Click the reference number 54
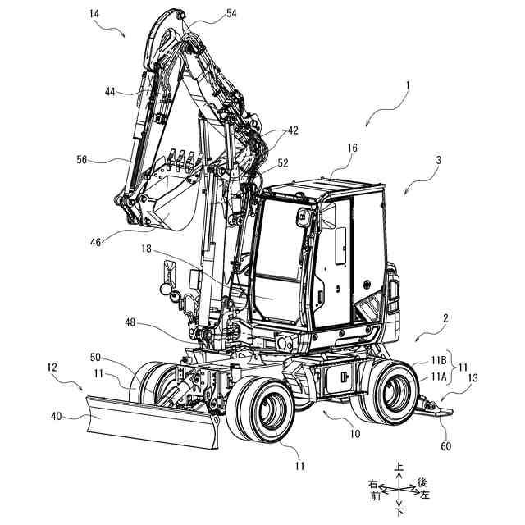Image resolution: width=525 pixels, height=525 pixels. pos(231,13)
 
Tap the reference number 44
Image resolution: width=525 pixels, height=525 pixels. pos(110,92)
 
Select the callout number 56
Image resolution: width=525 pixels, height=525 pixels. pos(82,160)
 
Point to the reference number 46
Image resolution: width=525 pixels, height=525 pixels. pos(95,242)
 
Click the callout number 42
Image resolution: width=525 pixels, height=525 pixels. pos(293,130)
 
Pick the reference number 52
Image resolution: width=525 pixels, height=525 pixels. pos(283,163)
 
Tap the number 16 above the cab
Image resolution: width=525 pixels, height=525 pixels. pos(352,148)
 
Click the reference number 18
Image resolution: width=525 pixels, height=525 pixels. pos(146,249)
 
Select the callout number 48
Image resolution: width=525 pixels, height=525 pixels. pos(130,322)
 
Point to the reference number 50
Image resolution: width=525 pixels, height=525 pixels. pos(95,358)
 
